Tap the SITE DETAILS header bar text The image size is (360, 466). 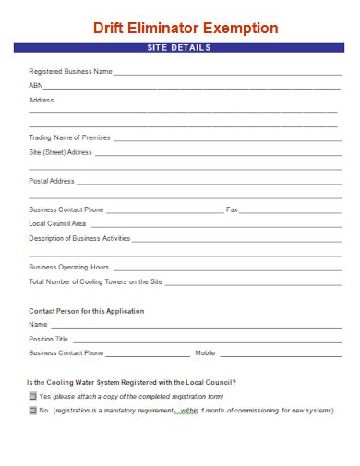179,47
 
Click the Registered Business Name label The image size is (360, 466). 70,71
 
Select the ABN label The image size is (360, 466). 36,85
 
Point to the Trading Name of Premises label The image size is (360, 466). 69,137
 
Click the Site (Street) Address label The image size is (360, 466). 61,151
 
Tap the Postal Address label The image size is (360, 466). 52,181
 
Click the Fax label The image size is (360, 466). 232,209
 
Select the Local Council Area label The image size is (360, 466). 57,223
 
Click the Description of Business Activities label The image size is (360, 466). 79,238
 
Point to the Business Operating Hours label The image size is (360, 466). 68,267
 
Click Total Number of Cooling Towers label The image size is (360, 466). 96,281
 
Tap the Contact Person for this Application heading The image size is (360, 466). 86,311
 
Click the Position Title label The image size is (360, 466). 49,339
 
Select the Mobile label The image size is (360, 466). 205,352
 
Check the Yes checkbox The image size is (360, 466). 33,396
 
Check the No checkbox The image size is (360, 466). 33,410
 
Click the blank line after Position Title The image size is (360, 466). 203,341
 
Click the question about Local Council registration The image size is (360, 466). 131,382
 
